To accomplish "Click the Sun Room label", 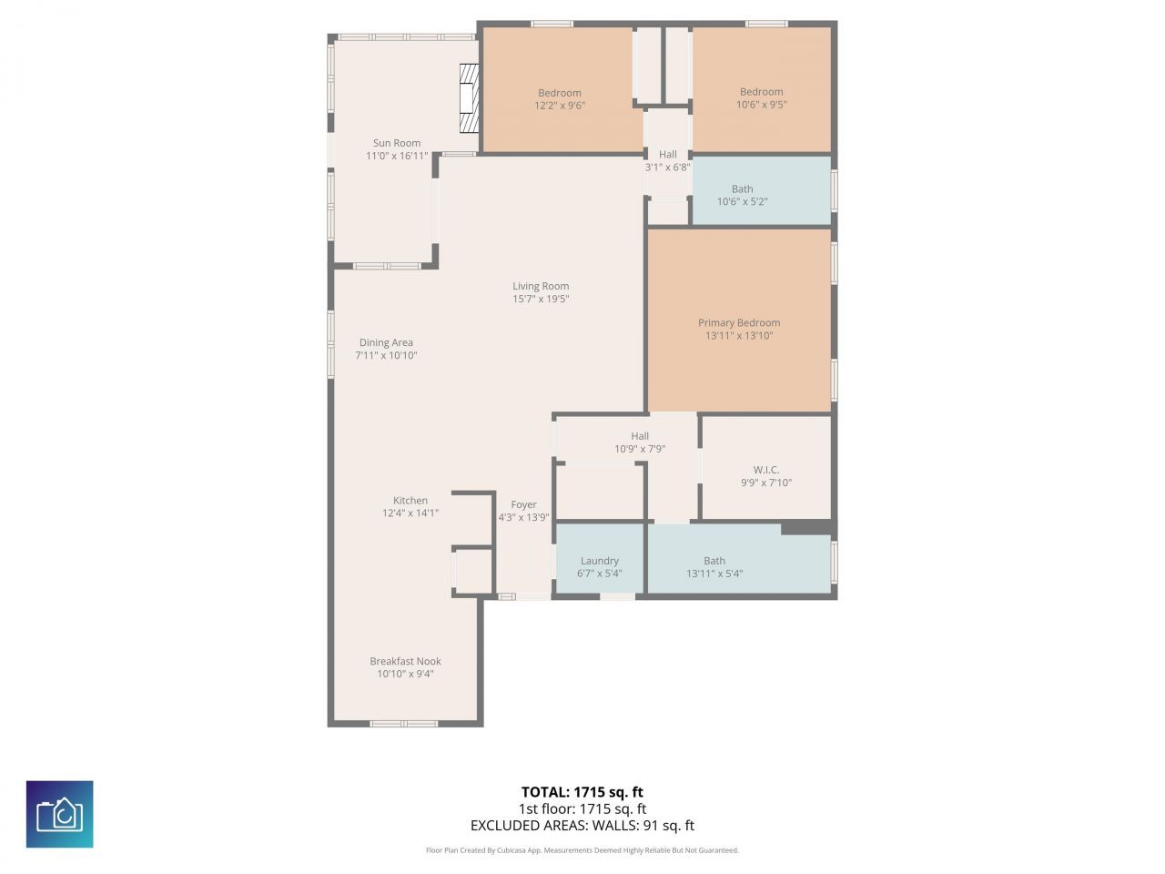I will (x=397, y=143).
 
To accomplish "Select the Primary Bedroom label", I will (x=739, y=322).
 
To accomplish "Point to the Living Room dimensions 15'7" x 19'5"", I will (x=541, y=300).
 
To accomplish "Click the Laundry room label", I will (x=599, y=561).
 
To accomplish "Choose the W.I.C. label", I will (x=766, y=470).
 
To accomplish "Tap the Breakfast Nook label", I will (x=405, y=661).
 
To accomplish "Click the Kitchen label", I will (x=410, y=500).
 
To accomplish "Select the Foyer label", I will (x=523, y=504).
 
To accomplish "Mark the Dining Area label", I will (x=386, y=342).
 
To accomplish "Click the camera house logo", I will (x=59, y=814).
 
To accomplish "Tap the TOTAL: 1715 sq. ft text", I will (x=582, y=792).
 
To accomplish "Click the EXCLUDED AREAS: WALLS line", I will (x=582, y=826).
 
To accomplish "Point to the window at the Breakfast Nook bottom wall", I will (x=403, y=724).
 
